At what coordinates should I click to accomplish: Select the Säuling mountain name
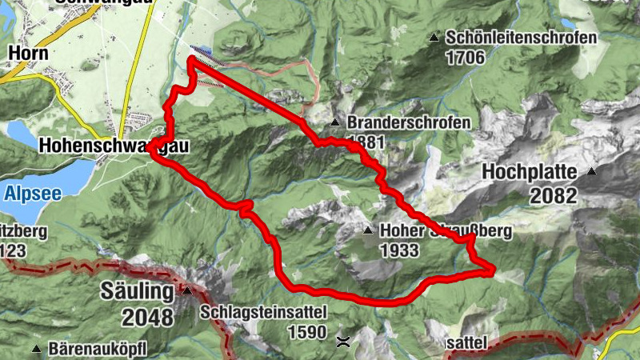point(137,289)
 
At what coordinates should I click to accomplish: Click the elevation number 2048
point(147,317)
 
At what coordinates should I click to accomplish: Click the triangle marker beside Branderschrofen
point(335,122)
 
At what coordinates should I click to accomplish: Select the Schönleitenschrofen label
point(522,38)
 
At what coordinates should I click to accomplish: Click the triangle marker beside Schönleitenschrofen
point(434,37)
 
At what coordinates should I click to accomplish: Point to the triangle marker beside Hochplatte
point(592,171)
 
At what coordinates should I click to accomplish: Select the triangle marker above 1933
point(367,231)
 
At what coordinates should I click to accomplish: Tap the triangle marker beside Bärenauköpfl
point(37,350)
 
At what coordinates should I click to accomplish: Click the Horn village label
point(28,53)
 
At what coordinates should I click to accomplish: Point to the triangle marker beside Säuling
point(187,290)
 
